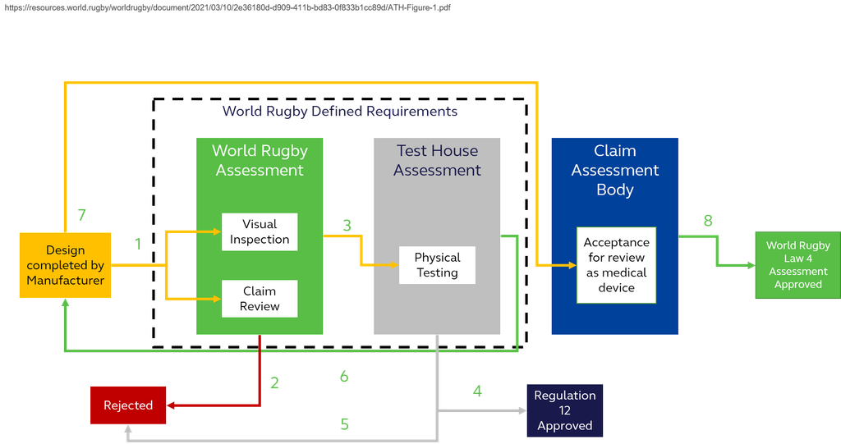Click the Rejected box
pyautogui.click(x=128, y=405)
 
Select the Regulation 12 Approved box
pyautogui.click(x=564, y=410)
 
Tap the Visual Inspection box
pyautogui.click(x=260, y=231)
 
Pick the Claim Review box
pyautogui.click(x=260, y=299)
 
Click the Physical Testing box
pyautogui.click(x=437, y=265)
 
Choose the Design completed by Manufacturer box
pyautogui.click(x=65, y=265)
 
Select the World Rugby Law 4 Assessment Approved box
pyautogui.click(x=797, y=265)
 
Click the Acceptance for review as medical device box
pyautogui.click(x=616, y=265)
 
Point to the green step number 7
pyautogui.click(x=81, y=215)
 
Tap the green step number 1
pyautogui.click(x=138, y=244)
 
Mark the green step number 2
pyautogui.click(x=275, y=382)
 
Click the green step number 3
pyautogui.click(x=347, y=224)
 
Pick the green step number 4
pyautogui.click(x=477, y=391)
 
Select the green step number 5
pyautogui.click(x=345, y=423)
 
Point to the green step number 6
pyautogui.click(x=344, y=377)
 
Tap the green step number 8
pyautogui.click(x=708, y=221)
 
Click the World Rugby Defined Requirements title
pyautogui.click(x=340, y=111)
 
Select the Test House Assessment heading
pyautogui.click(x=437, y=160)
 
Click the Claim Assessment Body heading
pyautogui.click(x=615, y=170)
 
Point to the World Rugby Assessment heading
pyautogui.click(x=260, y=160)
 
